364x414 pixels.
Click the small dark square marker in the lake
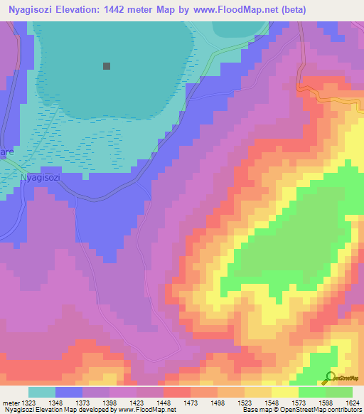click(x=107, y=66)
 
